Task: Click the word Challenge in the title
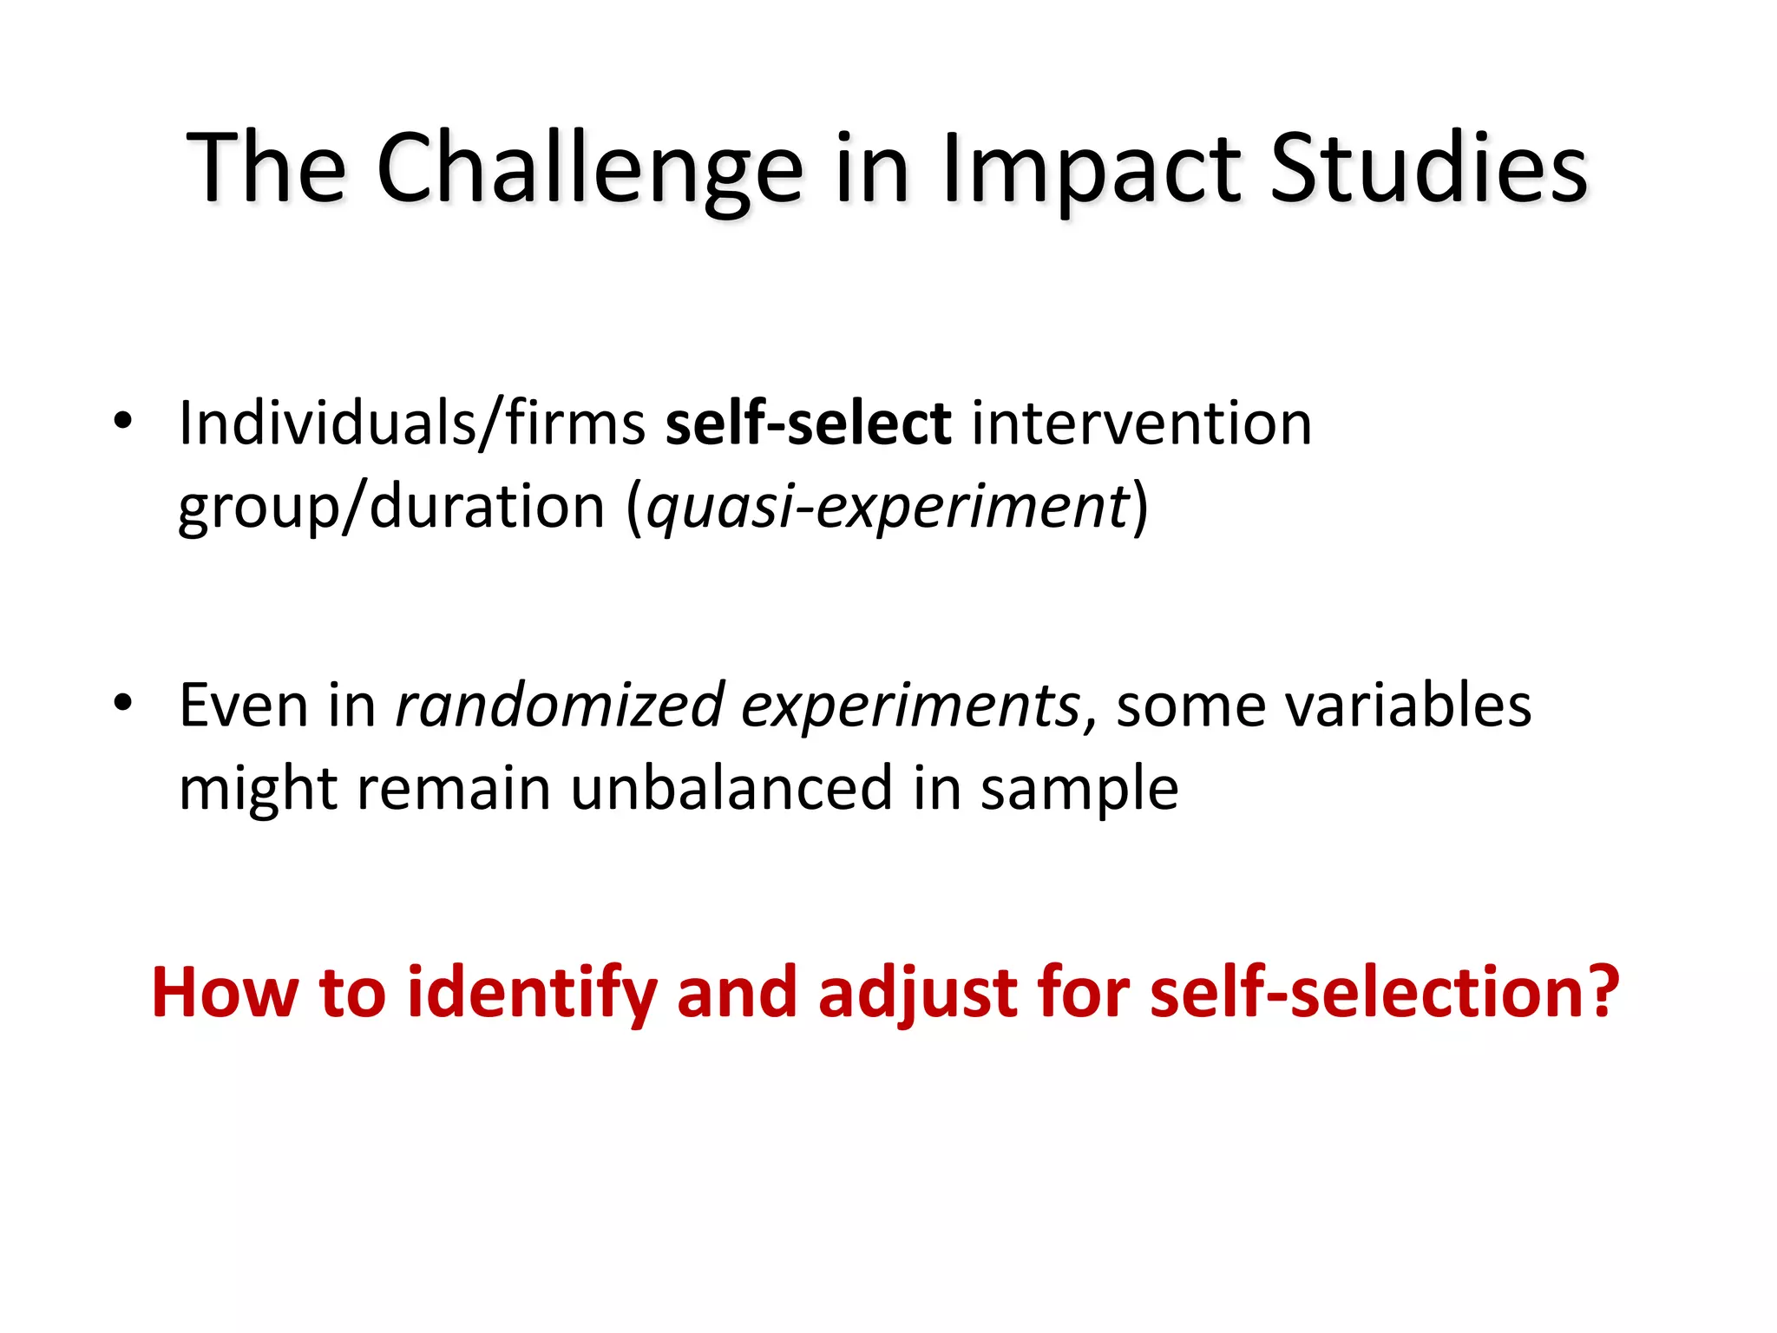tap(589, 169)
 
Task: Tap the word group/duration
tap(391, 507)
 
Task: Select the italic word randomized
tap(560, 705)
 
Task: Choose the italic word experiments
tap(910, 705)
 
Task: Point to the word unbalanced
tap(731, 788)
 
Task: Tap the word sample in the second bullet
tap(1079, 788)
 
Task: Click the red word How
tap(225, 991)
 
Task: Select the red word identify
tap(531, 991)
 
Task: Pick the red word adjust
tap(917, 991)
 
